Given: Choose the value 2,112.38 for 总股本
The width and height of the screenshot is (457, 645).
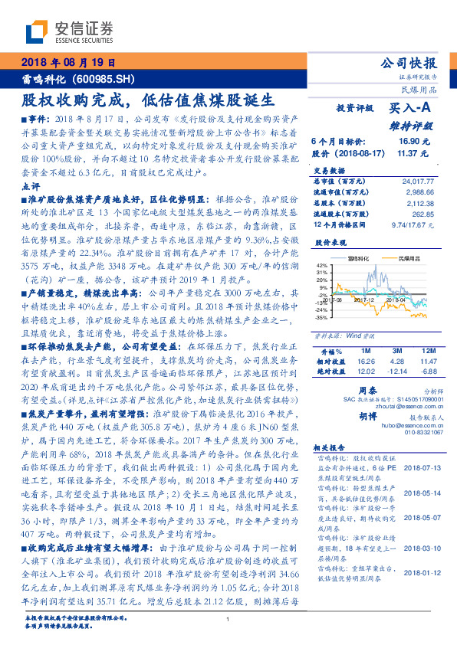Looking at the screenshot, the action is point(421,203).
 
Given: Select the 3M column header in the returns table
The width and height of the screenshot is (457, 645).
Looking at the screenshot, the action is point(396,351).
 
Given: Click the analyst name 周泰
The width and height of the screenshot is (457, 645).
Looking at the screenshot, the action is point(369,390).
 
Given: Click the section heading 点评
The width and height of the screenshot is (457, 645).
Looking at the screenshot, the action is point(31,185).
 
